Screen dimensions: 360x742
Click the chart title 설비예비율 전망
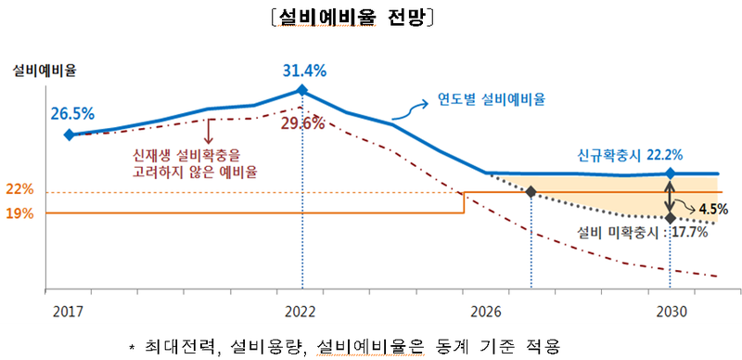(370, 19)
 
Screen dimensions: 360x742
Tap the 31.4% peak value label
(303, 69)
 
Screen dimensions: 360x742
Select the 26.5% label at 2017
(72, 114)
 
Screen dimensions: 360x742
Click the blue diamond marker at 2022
(302, 90)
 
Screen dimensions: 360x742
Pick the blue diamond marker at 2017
(69, 135)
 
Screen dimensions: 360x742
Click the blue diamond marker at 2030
(670, 174)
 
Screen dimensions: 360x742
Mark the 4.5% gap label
(713, 208)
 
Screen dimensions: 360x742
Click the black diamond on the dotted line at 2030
(670, 218)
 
